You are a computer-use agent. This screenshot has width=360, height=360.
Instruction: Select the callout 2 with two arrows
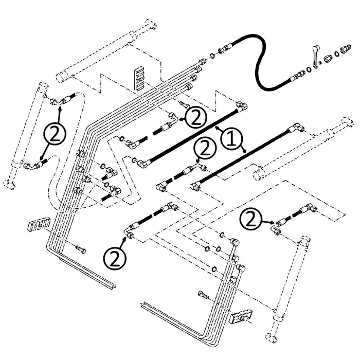click(x=55, y=134)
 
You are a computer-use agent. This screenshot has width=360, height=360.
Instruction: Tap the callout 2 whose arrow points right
click(x=251, y=220)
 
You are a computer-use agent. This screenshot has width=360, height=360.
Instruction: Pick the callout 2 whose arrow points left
click(x=196, y=118)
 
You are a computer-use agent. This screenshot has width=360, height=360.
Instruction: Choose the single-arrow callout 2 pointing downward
click(x=204, y=149)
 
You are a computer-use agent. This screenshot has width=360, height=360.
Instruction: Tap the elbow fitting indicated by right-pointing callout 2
click(x=278, y=229)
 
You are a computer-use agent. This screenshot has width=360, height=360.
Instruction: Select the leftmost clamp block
click(x=39, y=224)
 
